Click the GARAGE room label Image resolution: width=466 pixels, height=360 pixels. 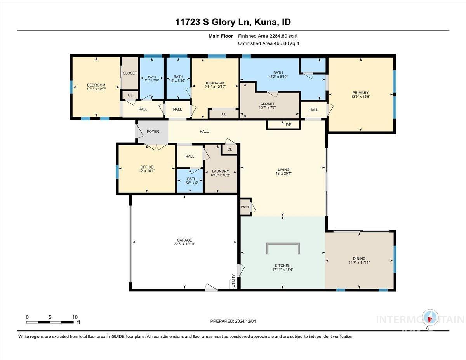coord(184,240)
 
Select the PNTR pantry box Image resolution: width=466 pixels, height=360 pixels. coord(245,207)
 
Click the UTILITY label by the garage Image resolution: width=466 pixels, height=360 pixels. coord(233,282)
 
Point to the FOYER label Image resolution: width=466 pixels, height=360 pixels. coord(153,132)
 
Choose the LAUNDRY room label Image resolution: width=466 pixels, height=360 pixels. coord(221,171)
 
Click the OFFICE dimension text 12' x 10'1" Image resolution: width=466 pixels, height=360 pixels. coord(147,171)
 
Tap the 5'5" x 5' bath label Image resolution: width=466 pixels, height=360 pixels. coord(190,183)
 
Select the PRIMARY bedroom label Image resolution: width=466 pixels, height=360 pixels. coord(361,93)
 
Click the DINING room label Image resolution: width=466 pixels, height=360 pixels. coord(359,259)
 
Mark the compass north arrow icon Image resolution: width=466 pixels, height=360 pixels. coord(430,318)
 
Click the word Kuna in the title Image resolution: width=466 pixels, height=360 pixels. coord(266,22)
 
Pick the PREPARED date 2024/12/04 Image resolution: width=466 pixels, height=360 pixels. coord(247,321)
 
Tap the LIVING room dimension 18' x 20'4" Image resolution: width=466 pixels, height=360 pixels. coord(283,174)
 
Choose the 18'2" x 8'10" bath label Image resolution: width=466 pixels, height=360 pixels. coord(278,77)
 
